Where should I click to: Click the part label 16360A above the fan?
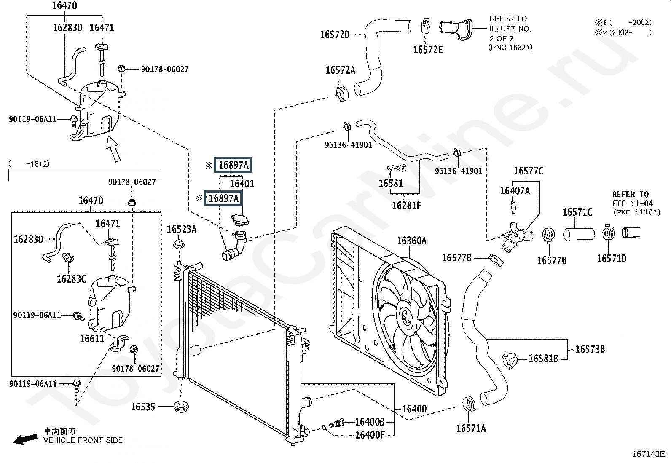412,241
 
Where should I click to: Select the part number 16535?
143,407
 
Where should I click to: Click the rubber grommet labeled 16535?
181,407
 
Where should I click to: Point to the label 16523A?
182,229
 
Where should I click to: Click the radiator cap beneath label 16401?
240,219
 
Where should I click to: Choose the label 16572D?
335,35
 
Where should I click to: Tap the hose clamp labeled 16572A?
342,94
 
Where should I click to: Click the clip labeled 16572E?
425,26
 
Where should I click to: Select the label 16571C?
577,212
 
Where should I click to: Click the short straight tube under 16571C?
579,234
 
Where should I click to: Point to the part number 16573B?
590,349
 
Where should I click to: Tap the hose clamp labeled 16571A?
469,404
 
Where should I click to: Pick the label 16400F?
370,435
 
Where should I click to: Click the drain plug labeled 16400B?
336,423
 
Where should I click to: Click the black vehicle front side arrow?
25,439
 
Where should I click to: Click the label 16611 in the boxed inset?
92,339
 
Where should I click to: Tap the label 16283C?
71,279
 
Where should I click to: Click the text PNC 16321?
510,48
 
